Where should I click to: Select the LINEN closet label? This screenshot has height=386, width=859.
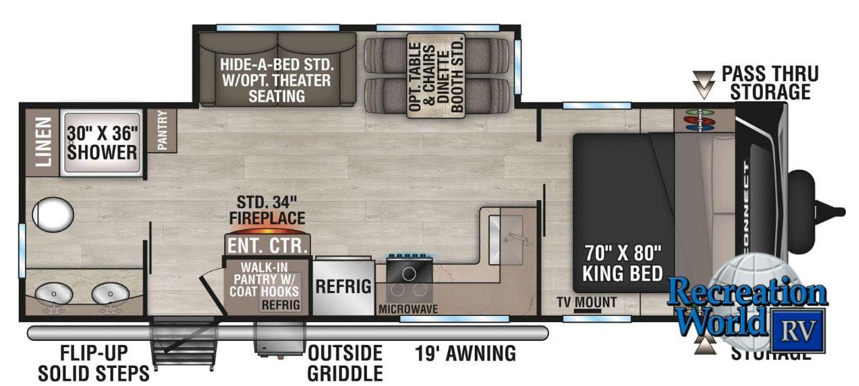coord(44,141)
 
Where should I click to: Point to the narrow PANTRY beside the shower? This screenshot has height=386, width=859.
coord(163,131)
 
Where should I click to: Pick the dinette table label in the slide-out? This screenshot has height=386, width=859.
coord(436,76)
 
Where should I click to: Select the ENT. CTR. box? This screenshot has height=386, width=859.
coord(267,245)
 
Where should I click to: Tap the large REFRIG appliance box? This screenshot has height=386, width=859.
coord(343,286)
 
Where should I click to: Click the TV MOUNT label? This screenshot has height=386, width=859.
coord(586,302)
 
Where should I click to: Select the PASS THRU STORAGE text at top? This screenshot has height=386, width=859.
coord(769,82)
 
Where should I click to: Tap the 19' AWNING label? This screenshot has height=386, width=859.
coord(465,353)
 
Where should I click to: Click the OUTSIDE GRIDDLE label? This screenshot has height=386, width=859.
coord(345,362)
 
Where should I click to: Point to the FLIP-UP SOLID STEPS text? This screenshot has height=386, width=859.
coord(93,362)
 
